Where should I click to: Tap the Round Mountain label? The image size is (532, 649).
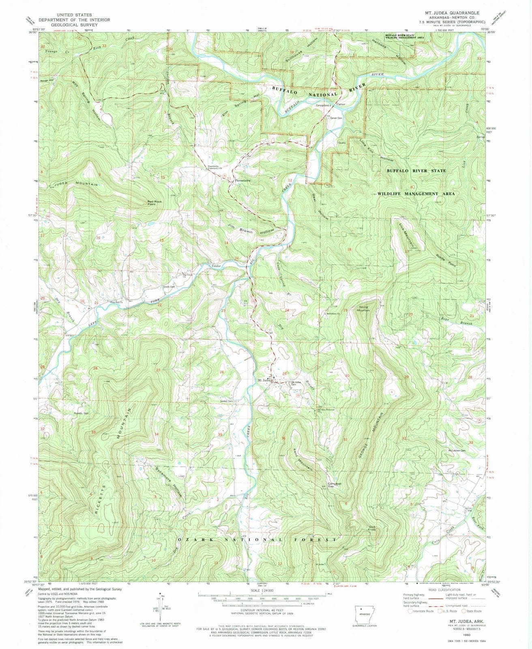pos(363,309)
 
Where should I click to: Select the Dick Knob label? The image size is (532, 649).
pos(372,529)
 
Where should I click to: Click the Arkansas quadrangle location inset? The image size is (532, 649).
pos(365,614)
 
